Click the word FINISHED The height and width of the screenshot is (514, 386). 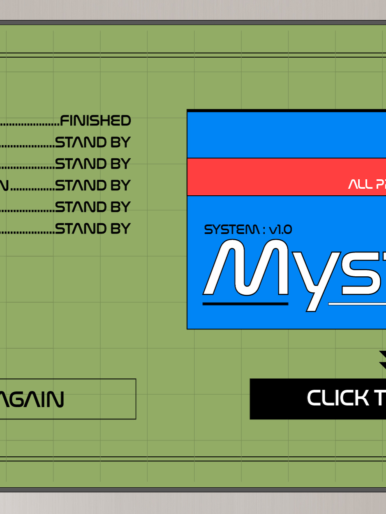click(x=95, y=121)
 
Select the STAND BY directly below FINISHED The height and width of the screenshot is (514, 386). click(x=92, y=142)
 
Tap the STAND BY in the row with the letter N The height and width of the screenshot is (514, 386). click(x=92, y=185)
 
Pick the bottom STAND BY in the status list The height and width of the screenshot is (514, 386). click(x=92, y=228)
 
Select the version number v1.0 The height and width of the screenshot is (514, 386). click(x=280, y=229)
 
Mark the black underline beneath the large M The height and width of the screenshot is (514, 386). click(x=245, y=304)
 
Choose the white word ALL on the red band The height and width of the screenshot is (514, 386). click(x=360, y=184)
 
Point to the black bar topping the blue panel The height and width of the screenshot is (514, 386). click(x=286, y=111)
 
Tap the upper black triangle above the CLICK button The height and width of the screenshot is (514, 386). click(x=383, y=354)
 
